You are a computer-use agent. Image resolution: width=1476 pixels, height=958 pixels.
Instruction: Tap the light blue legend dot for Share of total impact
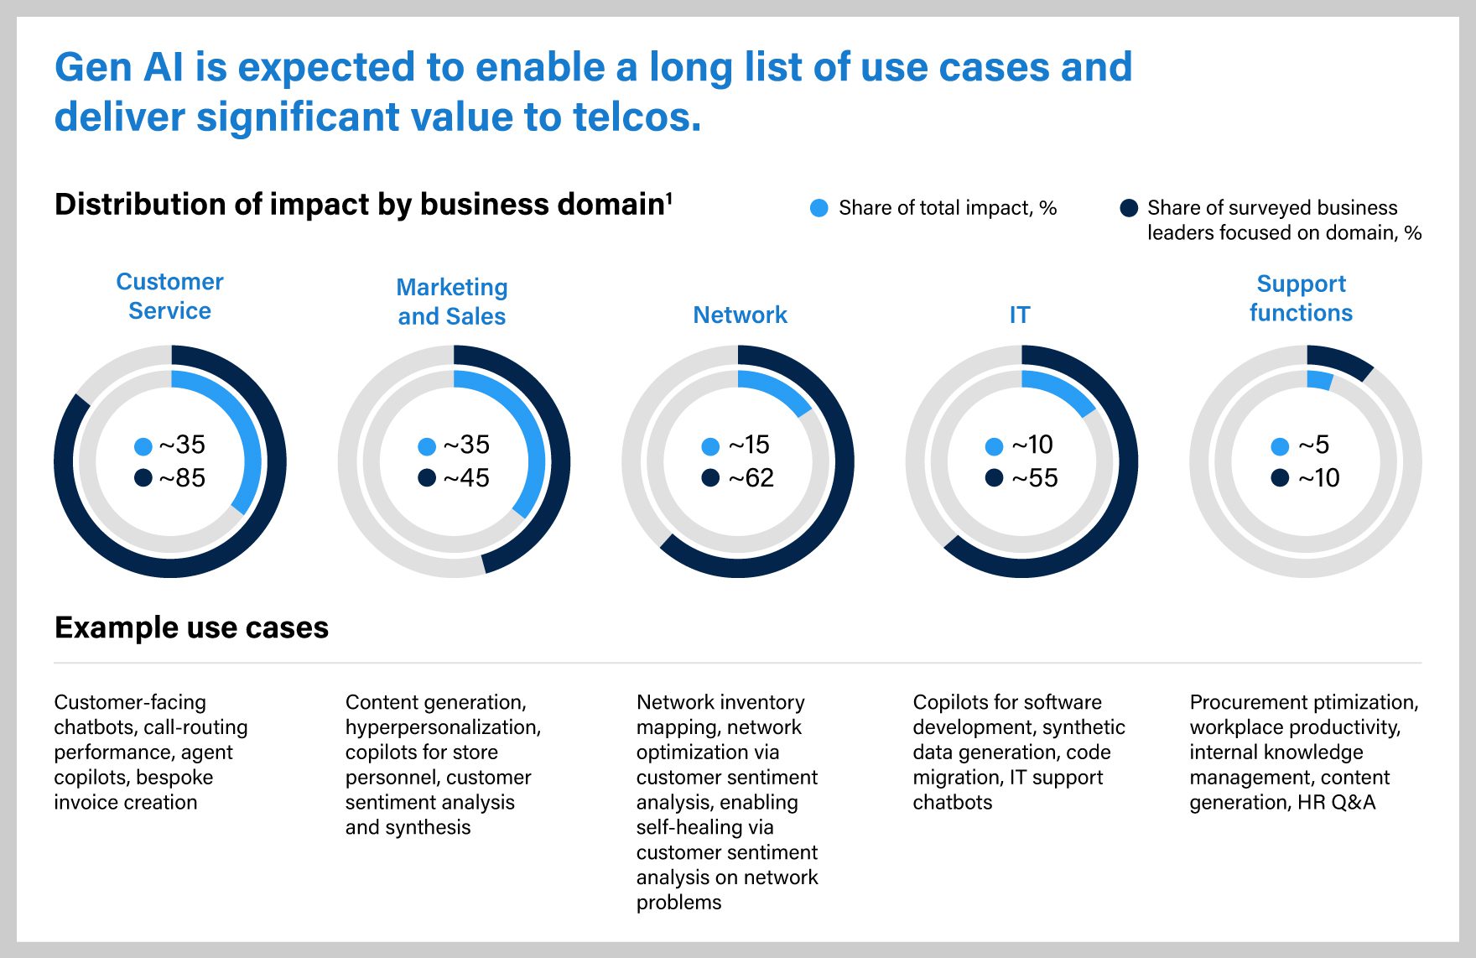pyautogui.click(x=819, y=208)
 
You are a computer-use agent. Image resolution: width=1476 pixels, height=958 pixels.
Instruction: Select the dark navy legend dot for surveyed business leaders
pyautogui.click(x=1129, y=208)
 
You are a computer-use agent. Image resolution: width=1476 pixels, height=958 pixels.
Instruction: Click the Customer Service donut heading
pyautogui.click(x=169, y=296)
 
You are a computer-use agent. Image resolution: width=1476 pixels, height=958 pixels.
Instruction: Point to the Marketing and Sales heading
pyautogui.click(x=452, y=301)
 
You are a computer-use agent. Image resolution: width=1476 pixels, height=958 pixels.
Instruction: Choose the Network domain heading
pyautogui.click(x=740, y=315)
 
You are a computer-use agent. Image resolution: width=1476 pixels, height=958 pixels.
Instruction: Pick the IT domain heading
pyautogui.click(x=1019, y=315)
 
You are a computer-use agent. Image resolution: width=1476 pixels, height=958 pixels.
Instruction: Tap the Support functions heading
pyautogui.click(x=1301, y=298)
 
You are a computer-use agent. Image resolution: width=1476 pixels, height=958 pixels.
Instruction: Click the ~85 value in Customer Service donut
pyautogui.click(x=182, y=478)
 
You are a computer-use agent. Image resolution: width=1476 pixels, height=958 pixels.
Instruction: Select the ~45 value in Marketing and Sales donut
pyautogui.click(x=466, y=478)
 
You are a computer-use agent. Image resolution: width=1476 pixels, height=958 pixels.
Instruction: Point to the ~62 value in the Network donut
pyautogui.click(x=751, y=478)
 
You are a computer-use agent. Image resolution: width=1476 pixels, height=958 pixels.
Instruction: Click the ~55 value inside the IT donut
pyautogui.click(x=1034, y=478)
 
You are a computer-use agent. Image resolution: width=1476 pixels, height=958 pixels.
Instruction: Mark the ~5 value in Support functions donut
pyautogui.click(x=1313, y=445)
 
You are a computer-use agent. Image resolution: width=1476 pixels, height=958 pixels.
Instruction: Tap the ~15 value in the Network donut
pyautogui.click(x=748, y=445)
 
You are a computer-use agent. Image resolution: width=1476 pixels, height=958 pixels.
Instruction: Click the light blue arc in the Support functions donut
pyautogui.click(x=1319, y=380)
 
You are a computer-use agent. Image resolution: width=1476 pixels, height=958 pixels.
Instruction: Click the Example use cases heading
pyautogui.click(x=191, y=627)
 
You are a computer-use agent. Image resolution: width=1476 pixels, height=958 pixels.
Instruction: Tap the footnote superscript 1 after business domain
pyautogui.click(x=669, y=198)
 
